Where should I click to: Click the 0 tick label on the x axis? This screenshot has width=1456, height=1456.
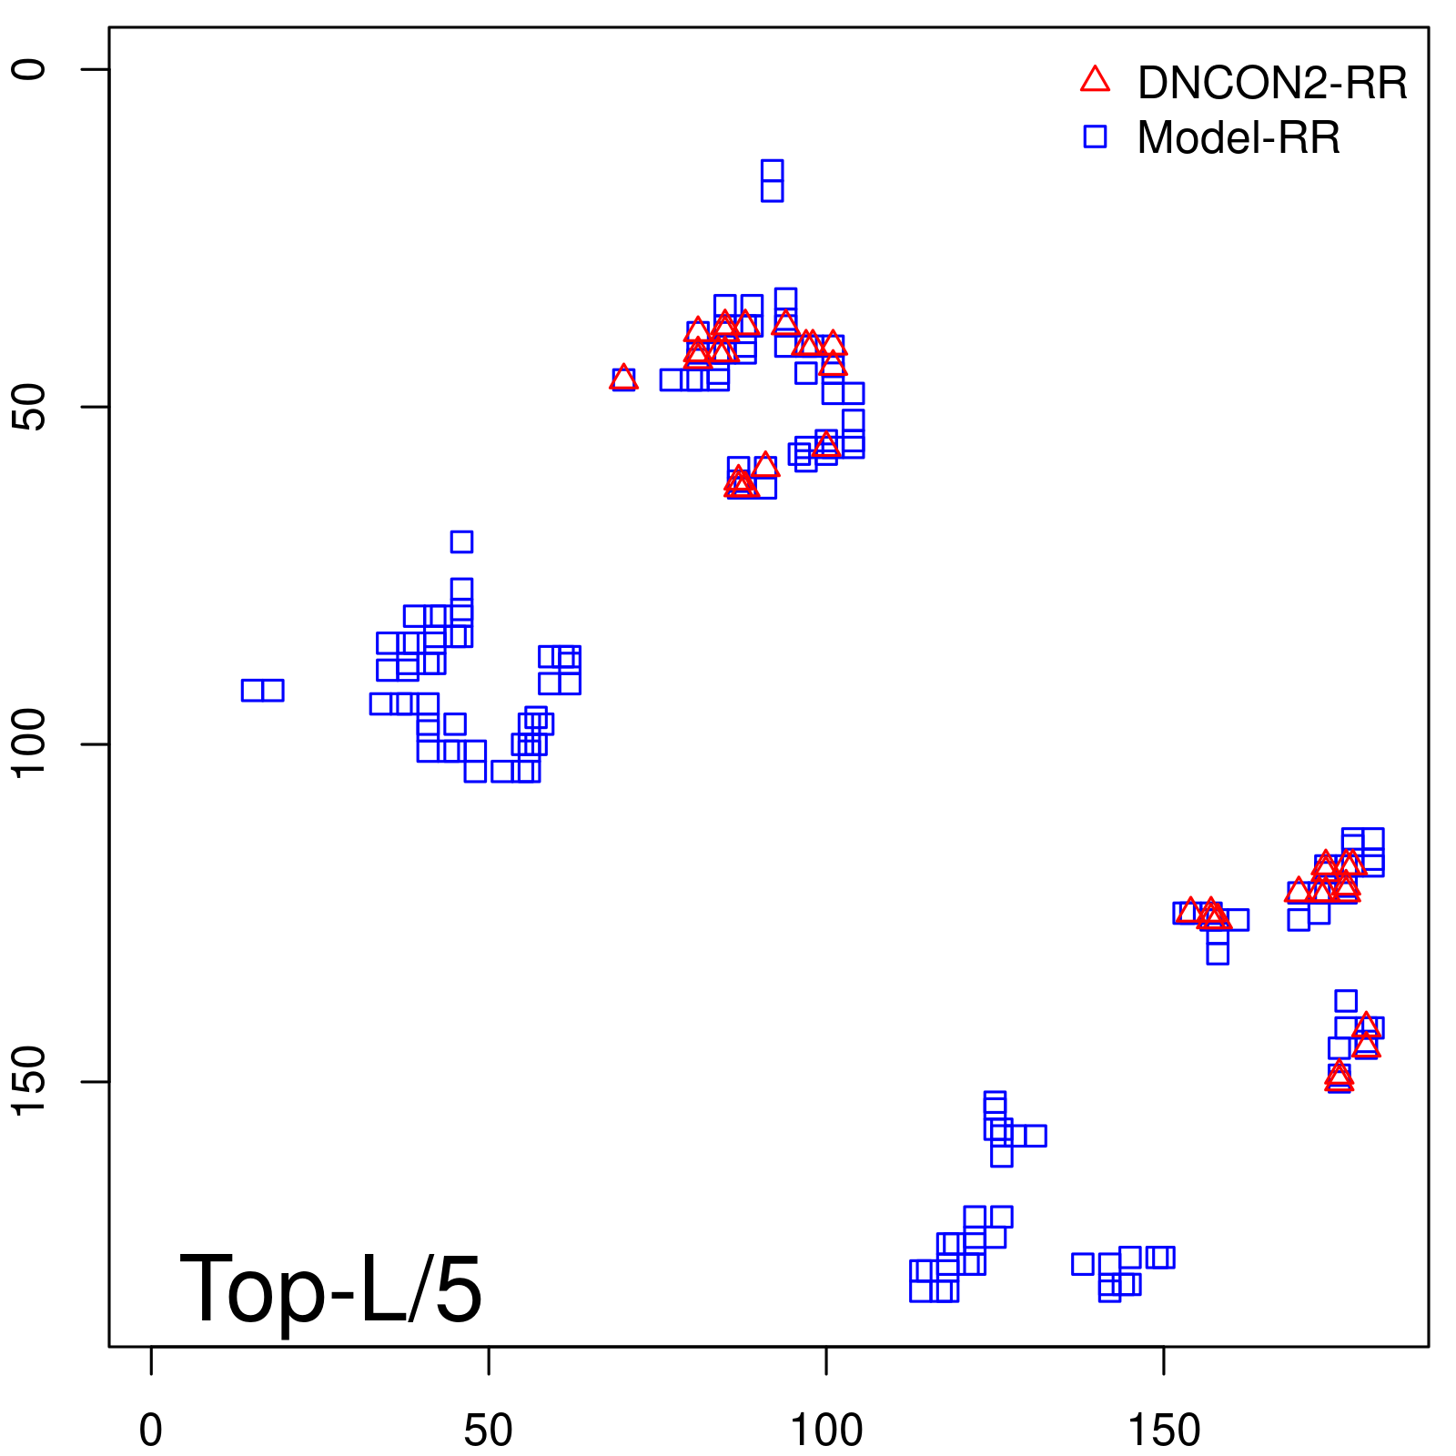(151, 1431)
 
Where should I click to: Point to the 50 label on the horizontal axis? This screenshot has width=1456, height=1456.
(488, 1431)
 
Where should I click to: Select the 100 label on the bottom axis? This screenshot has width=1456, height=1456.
(825, 1431)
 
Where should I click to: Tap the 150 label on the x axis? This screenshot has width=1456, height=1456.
(1163, 1431)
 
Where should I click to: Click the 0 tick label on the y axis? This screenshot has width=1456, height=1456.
(29, 69)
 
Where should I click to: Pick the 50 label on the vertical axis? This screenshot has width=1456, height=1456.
(29, 407)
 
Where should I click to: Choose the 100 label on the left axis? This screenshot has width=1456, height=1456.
(29, 743)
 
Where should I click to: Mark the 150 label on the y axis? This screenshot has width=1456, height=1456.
(29, 1081)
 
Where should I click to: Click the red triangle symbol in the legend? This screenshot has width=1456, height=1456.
(1095, 80)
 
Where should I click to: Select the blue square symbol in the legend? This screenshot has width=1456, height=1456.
(1095, 136)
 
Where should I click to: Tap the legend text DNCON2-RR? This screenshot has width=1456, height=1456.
(1271, 83)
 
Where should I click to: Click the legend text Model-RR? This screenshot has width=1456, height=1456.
(1238, 138)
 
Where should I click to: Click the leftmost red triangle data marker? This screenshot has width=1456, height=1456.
(623, 378)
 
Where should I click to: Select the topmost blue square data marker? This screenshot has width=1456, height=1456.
(772, 170)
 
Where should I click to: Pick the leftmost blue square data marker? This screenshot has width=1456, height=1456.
(252, 690)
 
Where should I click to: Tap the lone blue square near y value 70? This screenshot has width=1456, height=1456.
(461, 541)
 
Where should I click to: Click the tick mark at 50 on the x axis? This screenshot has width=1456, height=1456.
(489, 1360)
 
